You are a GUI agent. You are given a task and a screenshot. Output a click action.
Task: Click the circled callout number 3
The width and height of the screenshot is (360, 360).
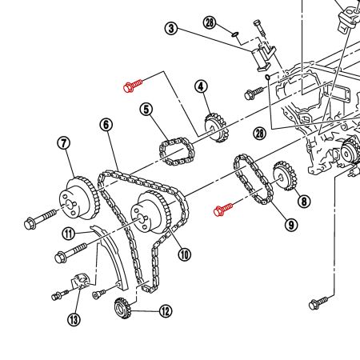click(170, 29)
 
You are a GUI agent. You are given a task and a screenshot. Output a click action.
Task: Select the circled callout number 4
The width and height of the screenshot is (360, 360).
click(200, 86)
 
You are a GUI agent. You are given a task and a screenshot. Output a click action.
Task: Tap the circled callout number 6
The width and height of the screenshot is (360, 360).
click(106, 125)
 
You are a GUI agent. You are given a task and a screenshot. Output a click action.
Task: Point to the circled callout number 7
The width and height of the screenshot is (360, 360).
click(64, 143)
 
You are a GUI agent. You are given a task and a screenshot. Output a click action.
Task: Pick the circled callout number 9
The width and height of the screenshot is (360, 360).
click(290, 225)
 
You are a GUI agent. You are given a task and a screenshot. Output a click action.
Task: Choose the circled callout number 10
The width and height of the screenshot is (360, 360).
click(185, 254)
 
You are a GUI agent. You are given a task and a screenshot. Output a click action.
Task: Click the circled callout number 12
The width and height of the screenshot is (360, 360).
click(166, 311)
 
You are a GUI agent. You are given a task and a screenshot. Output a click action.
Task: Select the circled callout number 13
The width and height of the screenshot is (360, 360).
click(74, 320)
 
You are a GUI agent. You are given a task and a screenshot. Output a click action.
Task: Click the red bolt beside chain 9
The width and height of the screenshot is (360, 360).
click(223, 210)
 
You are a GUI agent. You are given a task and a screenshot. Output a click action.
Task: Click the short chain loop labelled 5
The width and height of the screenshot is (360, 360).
click(174, 150)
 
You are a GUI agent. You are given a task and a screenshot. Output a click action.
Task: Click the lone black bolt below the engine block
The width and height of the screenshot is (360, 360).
click(318, 302)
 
